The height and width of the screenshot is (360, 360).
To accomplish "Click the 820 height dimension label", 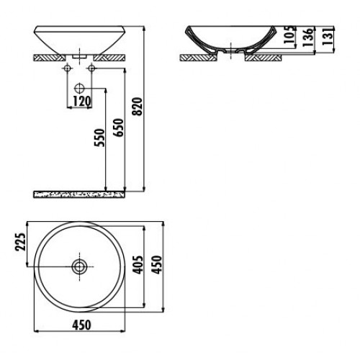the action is (138, 107).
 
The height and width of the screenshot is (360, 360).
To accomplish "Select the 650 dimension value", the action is (119, 127).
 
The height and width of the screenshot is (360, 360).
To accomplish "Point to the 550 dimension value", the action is (100, 138).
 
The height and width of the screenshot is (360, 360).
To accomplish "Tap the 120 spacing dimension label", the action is (81, 102).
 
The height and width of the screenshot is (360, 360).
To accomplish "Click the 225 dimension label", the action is (20, 242).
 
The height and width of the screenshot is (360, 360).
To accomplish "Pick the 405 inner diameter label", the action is (138, 265).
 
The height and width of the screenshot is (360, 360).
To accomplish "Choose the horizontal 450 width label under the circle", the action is (82, 325).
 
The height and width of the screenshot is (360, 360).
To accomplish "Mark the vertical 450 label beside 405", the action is (158, 265).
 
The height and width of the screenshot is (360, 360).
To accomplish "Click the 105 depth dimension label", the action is (289, 35).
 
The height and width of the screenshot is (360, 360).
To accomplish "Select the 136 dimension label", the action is (308, 37).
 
